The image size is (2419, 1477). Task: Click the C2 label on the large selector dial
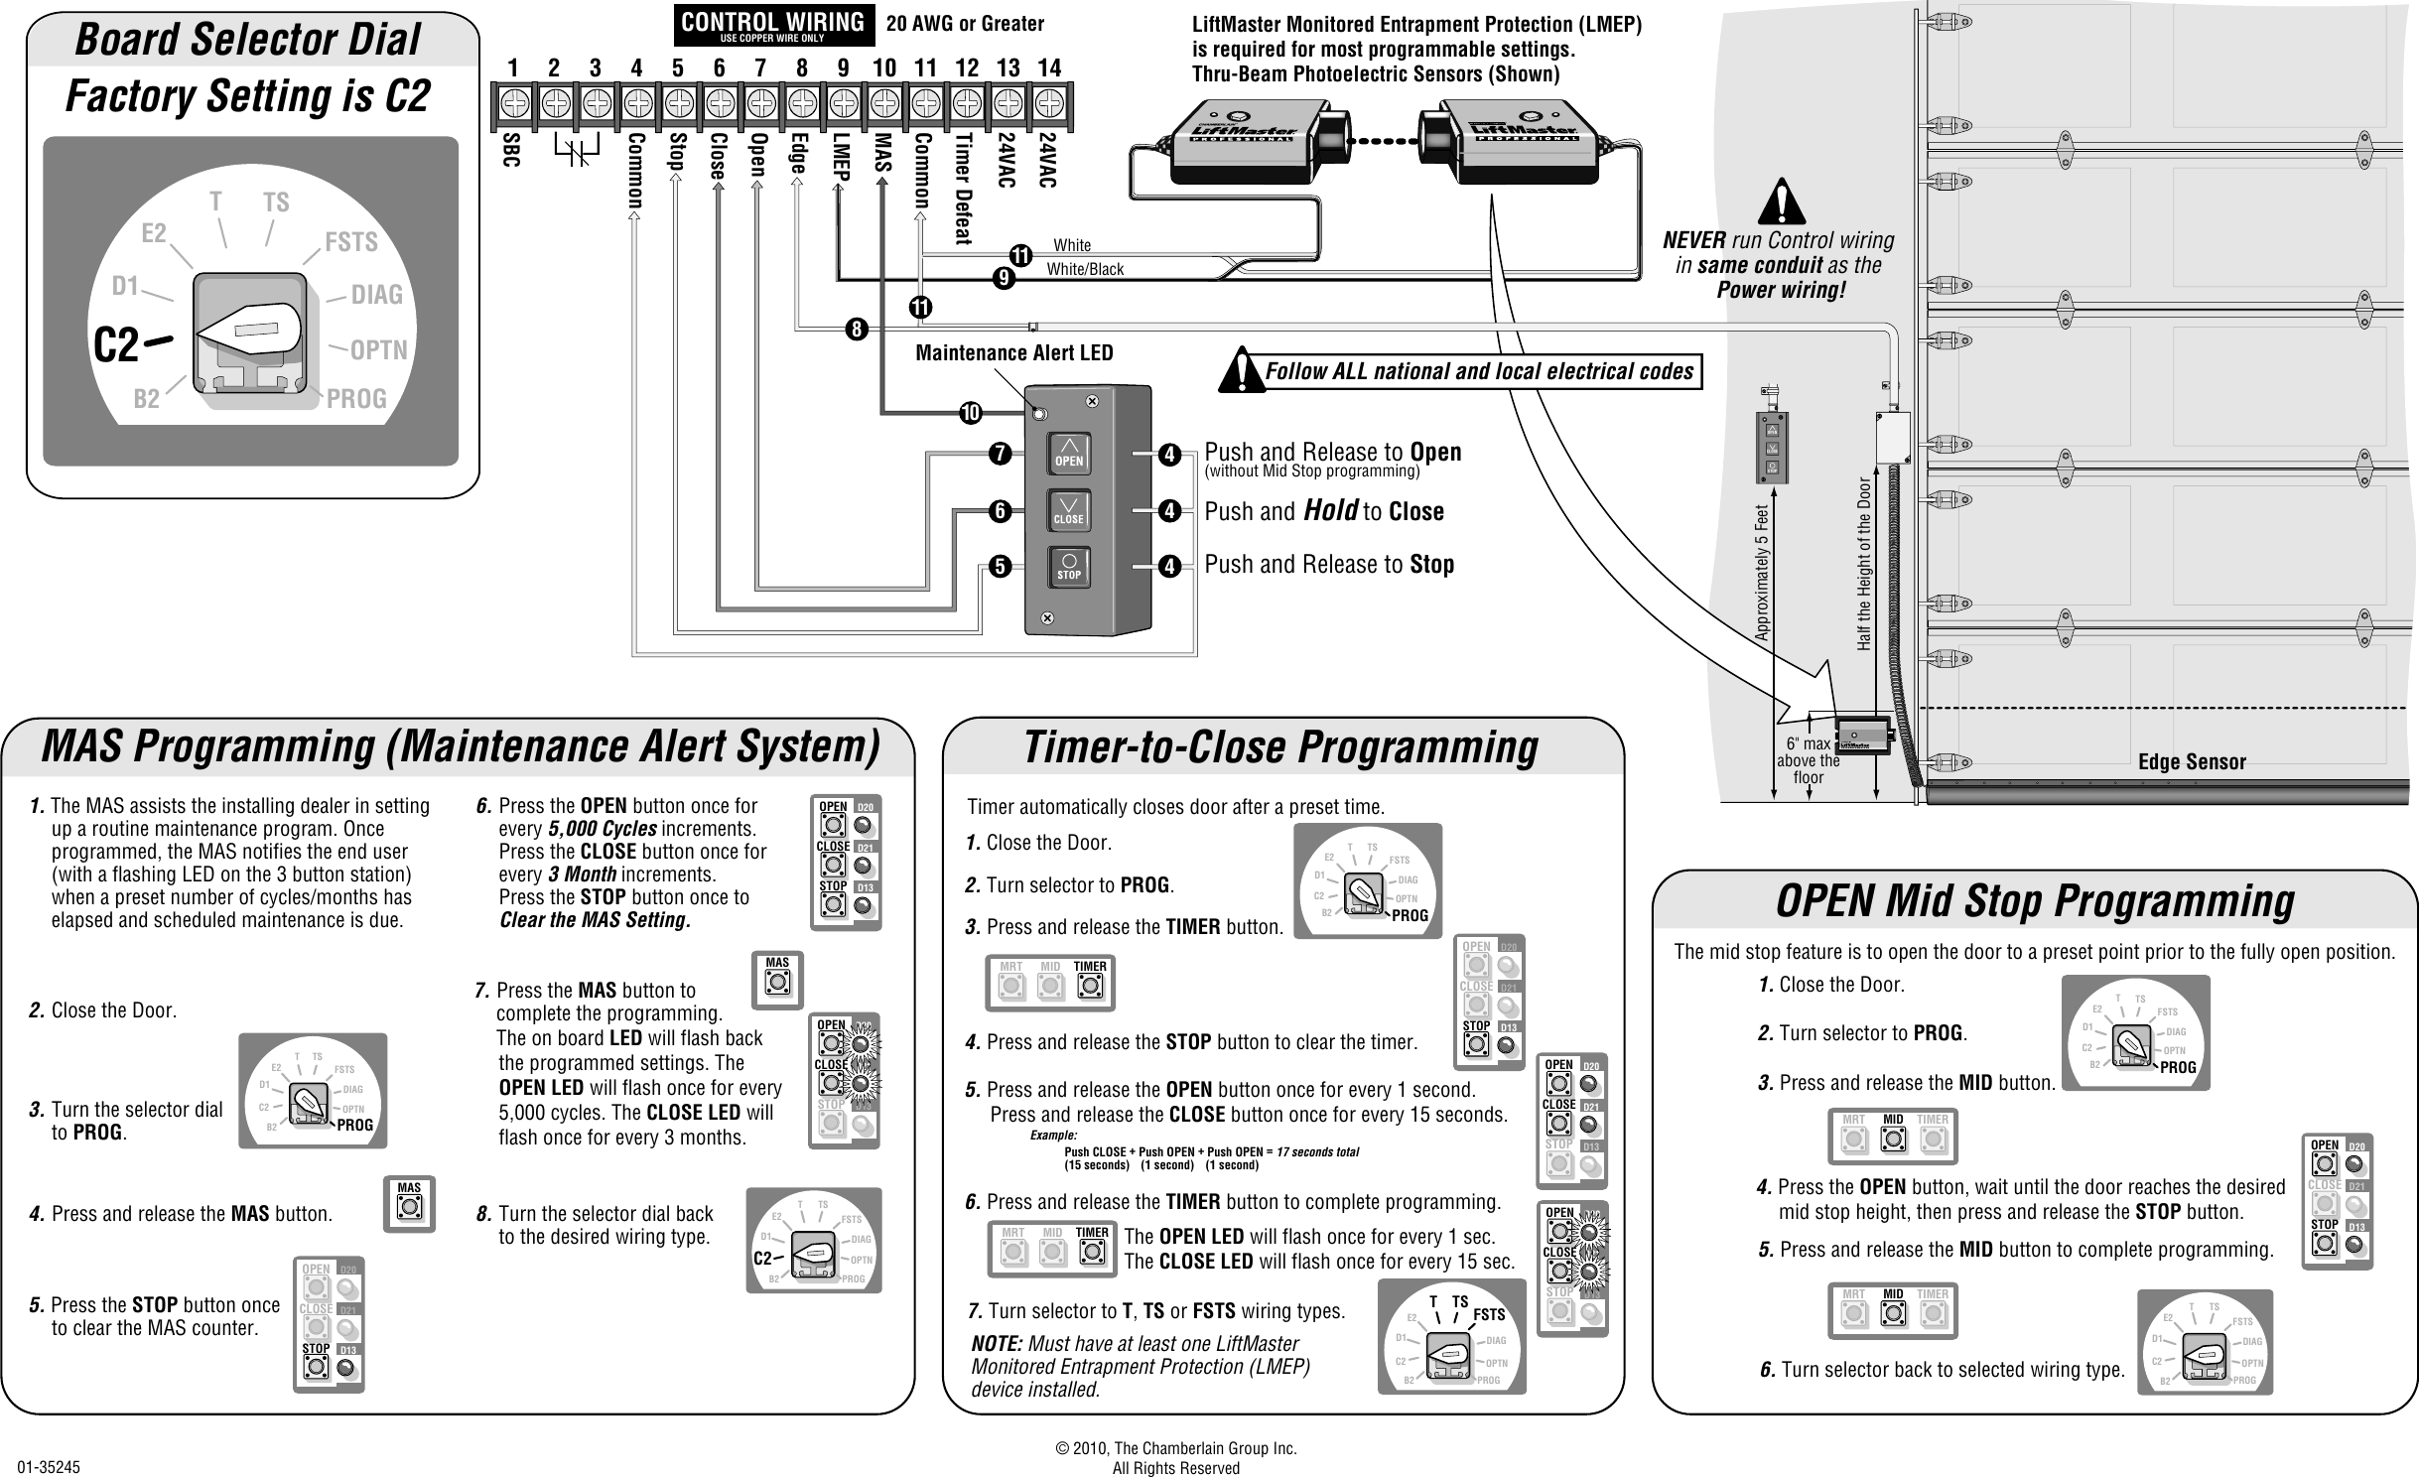[116, 345]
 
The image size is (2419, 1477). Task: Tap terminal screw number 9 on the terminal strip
[844, 102]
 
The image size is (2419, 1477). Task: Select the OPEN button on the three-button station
[1069, 454]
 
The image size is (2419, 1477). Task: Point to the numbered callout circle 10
[970, 412]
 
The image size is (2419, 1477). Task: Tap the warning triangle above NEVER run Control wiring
[1781, 203]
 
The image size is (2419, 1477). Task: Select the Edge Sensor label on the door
[2191, 761]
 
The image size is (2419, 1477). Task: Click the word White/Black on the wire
[1085, 269]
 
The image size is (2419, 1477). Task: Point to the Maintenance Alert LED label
[1013, 353]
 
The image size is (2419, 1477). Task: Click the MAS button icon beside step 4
[409, 1204]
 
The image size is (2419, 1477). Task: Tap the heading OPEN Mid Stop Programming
[2034, 901]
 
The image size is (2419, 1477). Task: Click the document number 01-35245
[50, 1466]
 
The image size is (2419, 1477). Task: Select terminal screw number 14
[1049, 102]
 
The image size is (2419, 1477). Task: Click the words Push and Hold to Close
[1323, 511]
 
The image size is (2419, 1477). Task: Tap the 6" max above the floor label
[1808, 760]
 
